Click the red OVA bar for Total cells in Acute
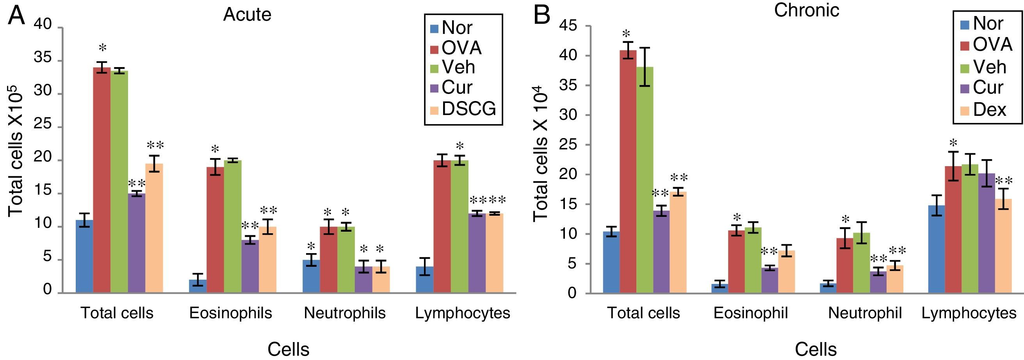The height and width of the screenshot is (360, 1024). point(102,181)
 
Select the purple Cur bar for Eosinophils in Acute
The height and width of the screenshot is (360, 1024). point(250,266)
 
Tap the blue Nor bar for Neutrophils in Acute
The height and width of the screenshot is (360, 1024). point(311,277)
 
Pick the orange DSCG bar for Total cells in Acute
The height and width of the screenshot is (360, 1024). point(154,229)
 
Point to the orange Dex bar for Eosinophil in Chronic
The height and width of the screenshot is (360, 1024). point(786,272)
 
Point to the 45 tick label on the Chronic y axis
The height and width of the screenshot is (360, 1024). point(568,26)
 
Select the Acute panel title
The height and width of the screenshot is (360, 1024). point(247,15)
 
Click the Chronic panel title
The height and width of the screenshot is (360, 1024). point(807,10)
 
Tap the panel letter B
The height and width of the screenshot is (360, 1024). point(541,15)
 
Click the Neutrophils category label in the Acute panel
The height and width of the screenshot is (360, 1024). point(345,313)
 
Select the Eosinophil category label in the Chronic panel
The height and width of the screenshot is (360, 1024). point(750,313)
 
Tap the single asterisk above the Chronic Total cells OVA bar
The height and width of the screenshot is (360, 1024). point(627,34)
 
